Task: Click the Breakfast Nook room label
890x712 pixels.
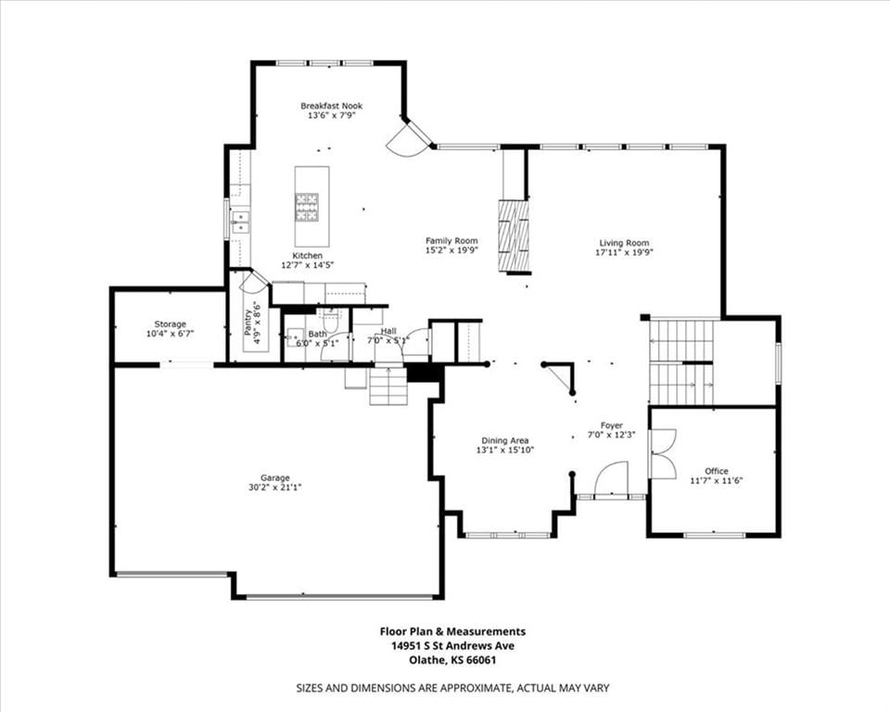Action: [332, 106]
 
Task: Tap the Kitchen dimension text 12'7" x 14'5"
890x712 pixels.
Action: [308, 264]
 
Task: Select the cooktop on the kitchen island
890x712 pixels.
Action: [307, 208]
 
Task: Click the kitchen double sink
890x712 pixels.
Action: [241, 222]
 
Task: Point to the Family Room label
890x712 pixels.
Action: [451, 241]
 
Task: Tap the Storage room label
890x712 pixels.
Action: [171, 324]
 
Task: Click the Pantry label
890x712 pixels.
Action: [248, 322]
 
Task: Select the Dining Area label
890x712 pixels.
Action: [505, 440]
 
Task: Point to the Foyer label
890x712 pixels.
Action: [612, 426]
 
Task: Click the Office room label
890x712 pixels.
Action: [717, 471]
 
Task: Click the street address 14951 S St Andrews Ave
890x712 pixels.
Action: [452, 645]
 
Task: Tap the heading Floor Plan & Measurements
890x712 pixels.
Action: [452, 630]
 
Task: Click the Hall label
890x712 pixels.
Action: [388, 331]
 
